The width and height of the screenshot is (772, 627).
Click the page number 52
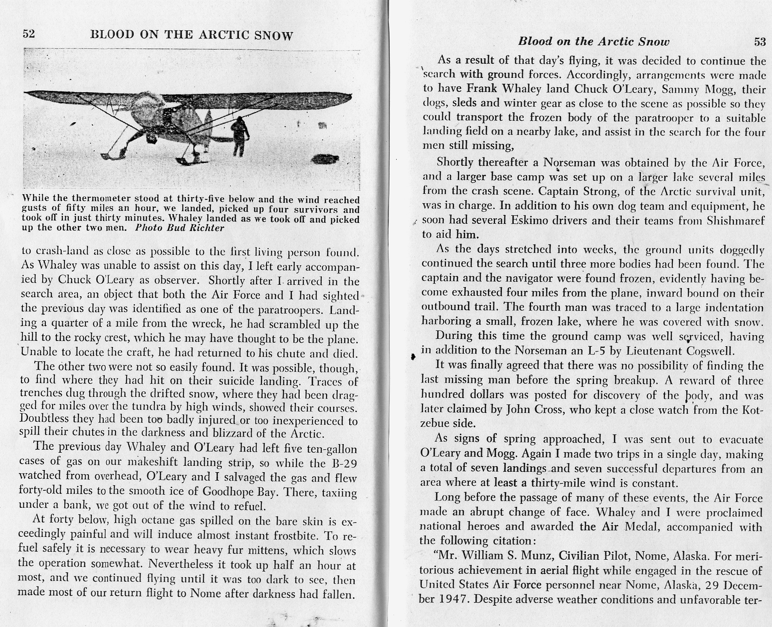(29, 34)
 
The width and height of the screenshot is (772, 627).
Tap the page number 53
(760, 41)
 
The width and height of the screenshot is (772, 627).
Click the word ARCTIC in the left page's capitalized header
(222, 35)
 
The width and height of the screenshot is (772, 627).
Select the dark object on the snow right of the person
(325, 159)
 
